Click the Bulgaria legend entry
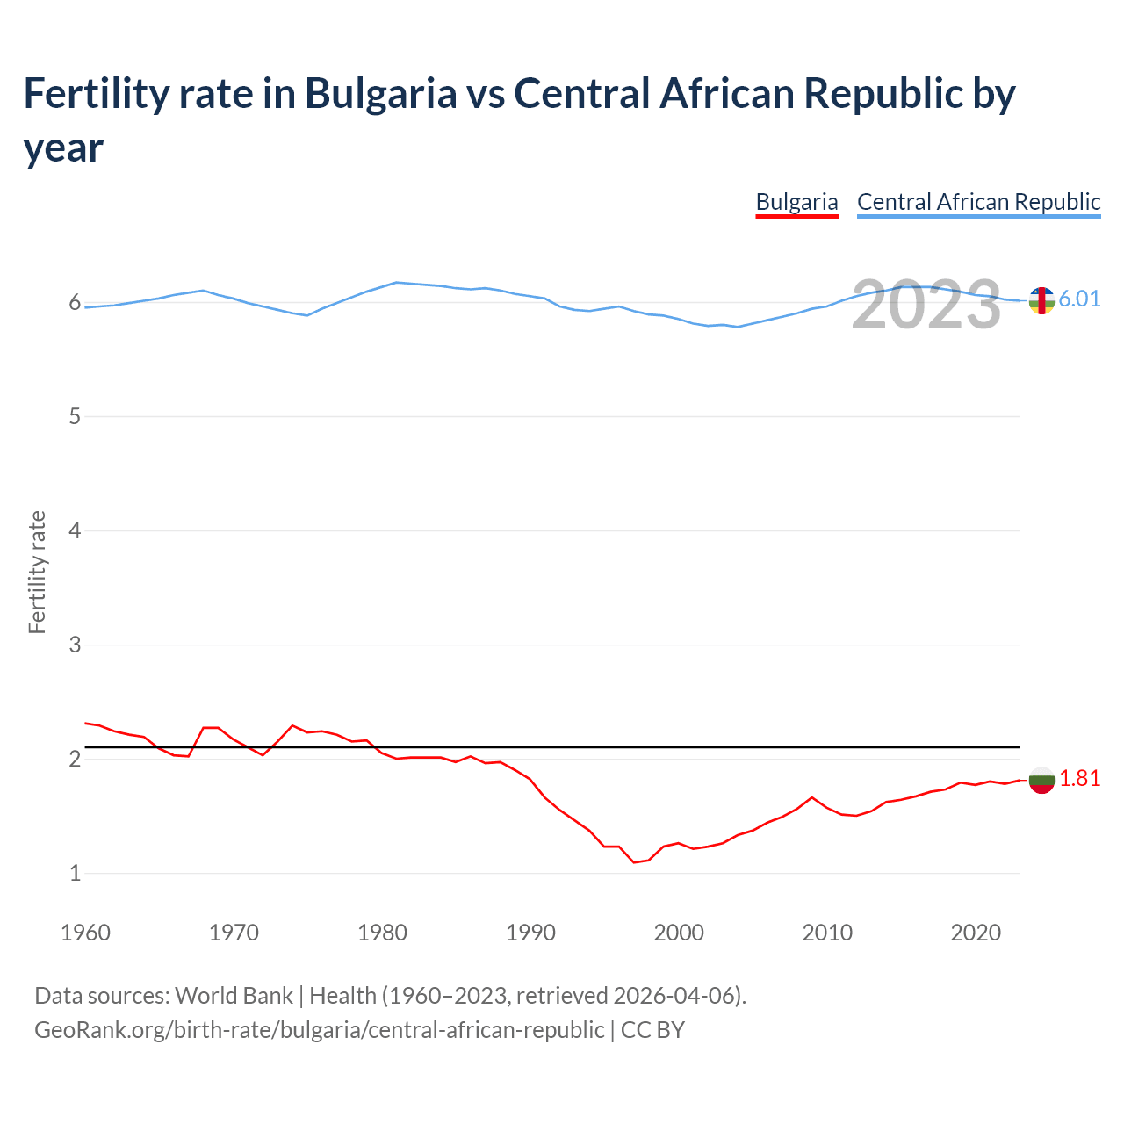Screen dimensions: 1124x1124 click(796, 202)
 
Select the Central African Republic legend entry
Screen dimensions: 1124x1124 click(978, 202)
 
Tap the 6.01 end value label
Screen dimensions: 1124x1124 click(1079, 299)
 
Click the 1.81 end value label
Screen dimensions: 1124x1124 click(1079, 778)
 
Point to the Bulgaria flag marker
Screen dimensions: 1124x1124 click(1041, 780)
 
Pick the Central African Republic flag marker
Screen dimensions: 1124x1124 click(1041, 300)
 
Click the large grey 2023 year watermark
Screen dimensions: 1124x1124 click(926, 305)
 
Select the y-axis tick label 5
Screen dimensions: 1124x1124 click(75, 416)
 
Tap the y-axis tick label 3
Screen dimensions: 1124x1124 click(75, 645)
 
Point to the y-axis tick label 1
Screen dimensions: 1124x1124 click(75, 873)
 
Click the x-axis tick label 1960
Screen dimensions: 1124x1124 click(85, 933)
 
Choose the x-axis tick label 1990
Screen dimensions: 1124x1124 click(530, 933)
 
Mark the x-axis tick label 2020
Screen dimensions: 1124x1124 click(976, 933)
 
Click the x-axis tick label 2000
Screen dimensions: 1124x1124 click(679, 933)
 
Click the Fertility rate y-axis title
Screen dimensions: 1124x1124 click(37, 572)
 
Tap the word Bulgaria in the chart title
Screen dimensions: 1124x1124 click(380, 93)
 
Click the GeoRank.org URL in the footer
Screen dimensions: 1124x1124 click(319, 1029)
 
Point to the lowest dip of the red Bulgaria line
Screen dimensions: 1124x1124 click(634, 862)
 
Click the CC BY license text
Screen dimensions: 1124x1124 click(652, 1029)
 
